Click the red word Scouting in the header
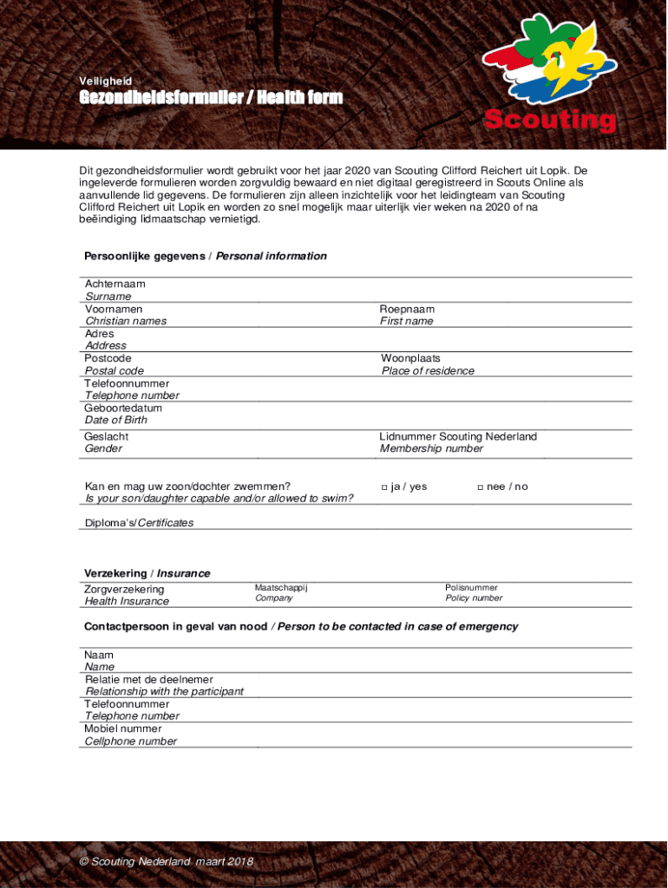point(550,121)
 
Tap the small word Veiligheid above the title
point(105,81)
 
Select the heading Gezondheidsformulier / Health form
point(211,98)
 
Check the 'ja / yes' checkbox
point(384,487)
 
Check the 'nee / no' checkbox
point(480,487)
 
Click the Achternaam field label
point(115,284)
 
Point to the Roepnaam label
point(407,309)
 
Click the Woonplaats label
point(410,358)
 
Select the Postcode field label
point(108,358)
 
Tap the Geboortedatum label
point(123,408)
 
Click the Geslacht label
point(106,436)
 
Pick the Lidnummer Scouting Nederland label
point(458,436)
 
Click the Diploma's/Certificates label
point(139,523)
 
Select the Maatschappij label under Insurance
point(281,587)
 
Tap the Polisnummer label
point(471,587)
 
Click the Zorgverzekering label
point(124,590)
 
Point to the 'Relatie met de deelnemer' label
point(148,679)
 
